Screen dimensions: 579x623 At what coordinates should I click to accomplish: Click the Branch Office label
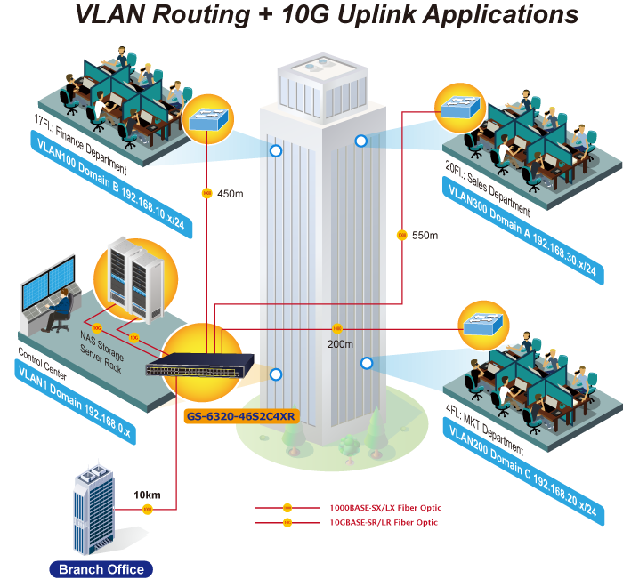coord(100,569)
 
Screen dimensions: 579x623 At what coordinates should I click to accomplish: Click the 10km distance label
coord(147,494)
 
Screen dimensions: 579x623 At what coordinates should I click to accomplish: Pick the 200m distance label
coord(340,344)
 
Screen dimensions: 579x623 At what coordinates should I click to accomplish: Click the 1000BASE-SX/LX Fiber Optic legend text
coord(384,508)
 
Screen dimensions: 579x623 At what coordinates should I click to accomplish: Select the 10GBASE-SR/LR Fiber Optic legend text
coord(384,523)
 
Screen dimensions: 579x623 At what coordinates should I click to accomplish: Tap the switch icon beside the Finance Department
coord(208,121)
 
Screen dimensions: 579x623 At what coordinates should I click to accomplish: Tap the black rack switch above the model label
coord(212,366)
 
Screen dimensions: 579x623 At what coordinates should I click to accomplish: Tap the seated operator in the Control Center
coord(60,307)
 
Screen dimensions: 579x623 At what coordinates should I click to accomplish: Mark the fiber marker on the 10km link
coord(148,510)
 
